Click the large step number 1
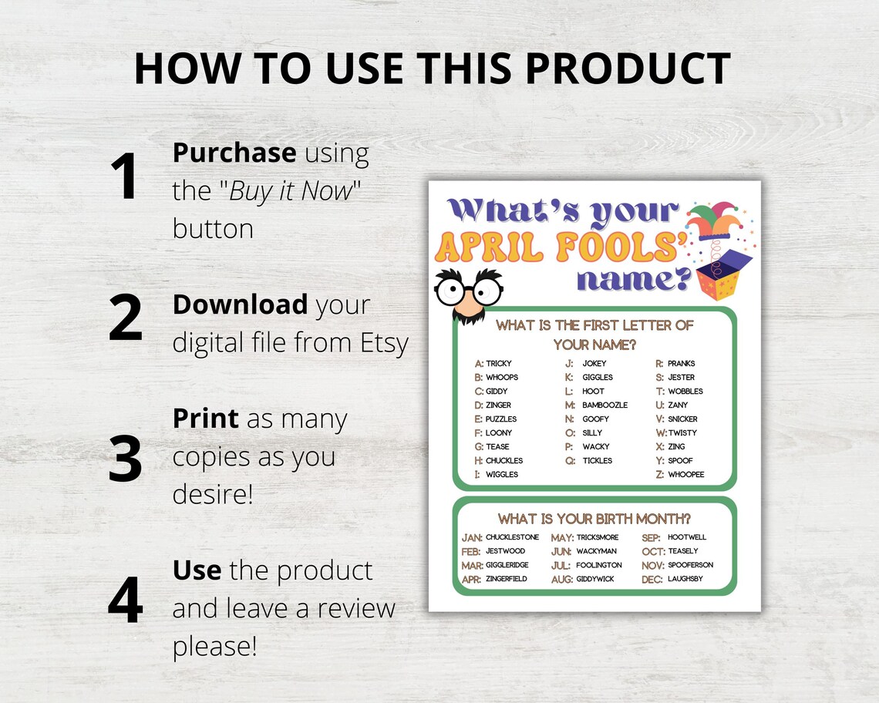[124, 177]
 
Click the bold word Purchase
[234, 153]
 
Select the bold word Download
[240, 304]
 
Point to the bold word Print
[206, 419]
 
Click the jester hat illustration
[712, 219]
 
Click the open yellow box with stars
[725, 274]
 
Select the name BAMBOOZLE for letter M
[605, 405]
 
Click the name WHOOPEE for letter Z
[685, 474]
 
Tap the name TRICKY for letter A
[499, 363]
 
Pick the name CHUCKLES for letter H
[504, 460]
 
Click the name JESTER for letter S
[681, 377]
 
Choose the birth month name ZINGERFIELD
[506, 579]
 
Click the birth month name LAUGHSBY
[685, 579]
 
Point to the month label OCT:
[652, 551]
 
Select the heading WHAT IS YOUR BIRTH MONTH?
[594, 518]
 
